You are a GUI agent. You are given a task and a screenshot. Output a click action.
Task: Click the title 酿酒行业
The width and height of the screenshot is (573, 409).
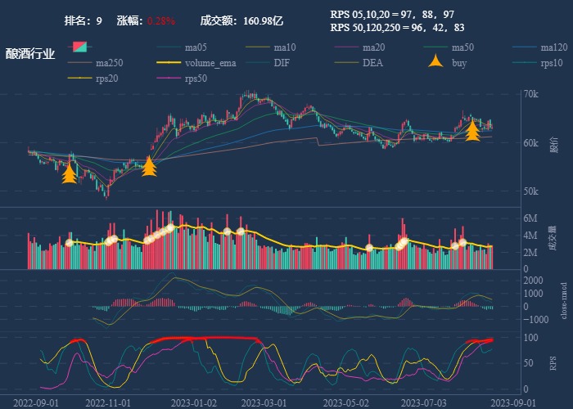click(x=30, y=55)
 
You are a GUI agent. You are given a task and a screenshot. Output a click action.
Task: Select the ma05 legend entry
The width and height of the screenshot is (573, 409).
click(x=196, y=47)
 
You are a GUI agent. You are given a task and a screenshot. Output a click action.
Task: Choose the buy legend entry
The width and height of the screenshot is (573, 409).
click(x=459, y=63)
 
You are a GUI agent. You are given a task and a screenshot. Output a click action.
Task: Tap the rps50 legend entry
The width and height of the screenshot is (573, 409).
click(x=196, y=79)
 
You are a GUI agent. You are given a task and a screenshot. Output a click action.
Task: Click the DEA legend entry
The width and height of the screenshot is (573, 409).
click(x=372, y=63)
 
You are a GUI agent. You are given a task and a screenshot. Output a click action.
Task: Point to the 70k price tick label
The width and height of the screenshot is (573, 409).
click(x=531, y=94)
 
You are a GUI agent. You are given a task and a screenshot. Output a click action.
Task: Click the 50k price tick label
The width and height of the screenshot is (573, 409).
click(x=531, y=191)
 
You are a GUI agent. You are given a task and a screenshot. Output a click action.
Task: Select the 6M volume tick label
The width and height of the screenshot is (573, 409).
click(x=530, y=219)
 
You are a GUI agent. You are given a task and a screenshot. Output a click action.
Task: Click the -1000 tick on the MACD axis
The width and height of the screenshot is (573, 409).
click(x=530, y=321)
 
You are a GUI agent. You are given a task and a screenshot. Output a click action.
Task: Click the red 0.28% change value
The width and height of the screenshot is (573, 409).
click(x=161, y=20)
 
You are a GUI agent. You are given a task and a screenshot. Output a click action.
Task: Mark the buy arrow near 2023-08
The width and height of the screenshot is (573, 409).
click(x=472, y=131)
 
